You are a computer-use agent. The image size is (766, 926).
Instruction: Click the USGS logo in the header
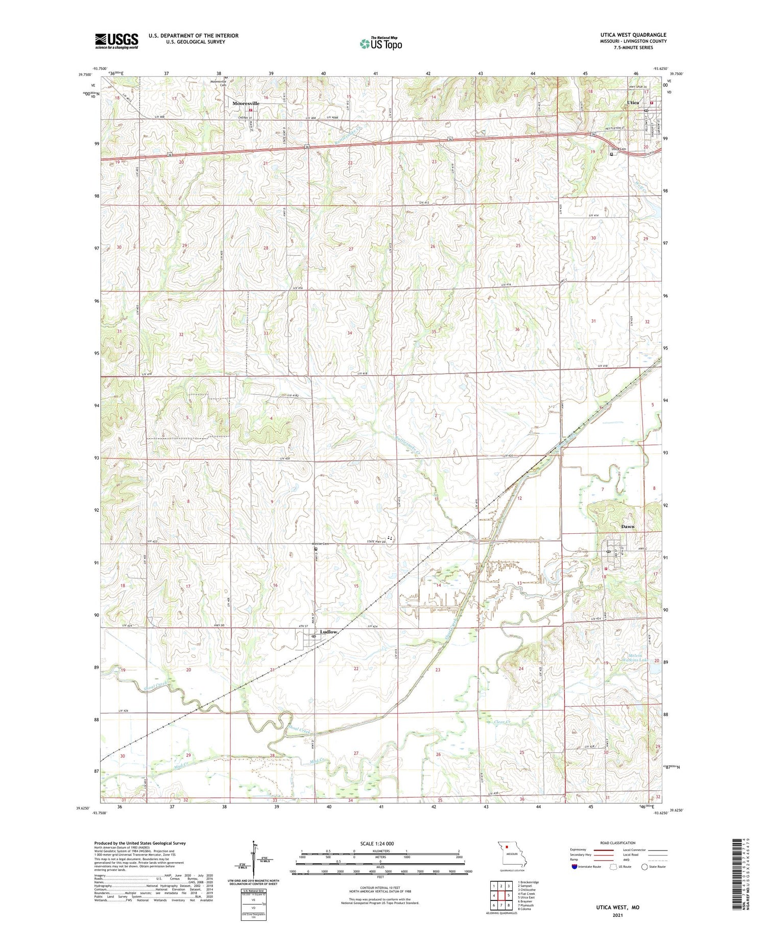tap(116, 41)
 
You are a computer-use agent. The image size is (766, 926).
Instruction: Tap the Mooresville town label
tap(246, 103)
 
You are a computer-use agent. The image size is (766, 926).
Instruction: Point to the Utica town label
tap(633, 103)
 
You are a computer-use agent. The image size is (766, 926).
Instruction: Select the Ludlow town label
tap(328, 632)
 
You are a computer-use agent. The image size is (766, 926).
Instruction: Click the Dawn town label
tap(627, 527)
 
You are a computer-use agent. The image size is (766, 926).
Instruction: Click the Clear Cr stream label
tap(503, 722)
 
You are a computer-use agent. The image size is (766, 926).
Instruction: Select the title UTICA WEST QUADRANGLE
tap(627, 35)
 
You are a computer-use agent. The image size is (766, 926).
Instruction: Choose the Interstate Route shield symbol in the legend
tap(574, 866)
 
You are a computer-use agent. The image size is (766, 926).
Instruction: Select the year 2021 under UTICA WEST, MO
tap(611, 915)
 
